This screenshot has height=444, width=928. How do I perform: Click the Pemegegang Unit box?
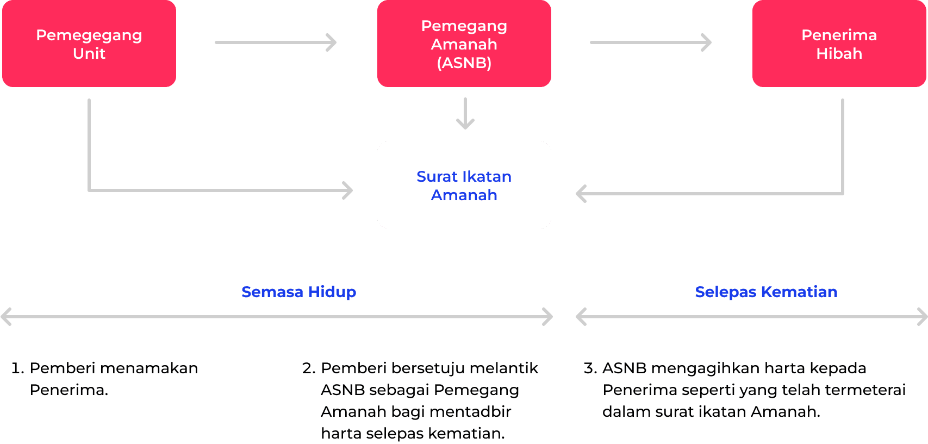click(89, 44)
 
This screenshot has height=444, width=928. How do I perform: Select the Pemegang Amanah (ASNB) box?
click(464, 44)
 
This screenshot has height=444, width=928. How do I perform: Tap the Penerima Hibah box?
click(839, 44)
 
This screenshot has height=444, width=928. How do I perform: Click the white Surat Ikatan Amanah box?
click(464, 185)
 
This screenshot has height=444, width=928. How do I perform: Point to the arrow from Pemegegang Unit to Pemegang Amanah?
click(276, 42)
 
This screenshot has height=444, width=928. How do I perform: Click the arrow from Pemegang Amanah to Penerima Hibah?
click(651, 42)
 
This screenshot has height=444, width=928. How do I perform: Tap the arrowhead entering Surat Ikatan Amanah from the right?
click(581, 194)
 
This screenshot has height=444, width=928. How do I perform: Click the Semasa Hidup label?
click(298, 292)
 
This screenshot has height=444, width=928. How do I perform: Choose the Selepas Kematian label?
click(766, 292)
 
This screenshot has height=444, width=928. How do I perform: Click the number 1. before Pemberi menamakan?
click(17, 368)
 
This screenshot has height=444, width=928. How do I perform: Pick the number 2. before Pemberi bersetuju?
click(309, 368)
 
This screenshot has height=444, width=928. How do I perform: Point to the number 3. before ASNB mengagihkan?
click(590, 368)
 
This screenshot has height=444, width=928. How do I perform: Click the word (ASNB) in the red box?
click(464, 63)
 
